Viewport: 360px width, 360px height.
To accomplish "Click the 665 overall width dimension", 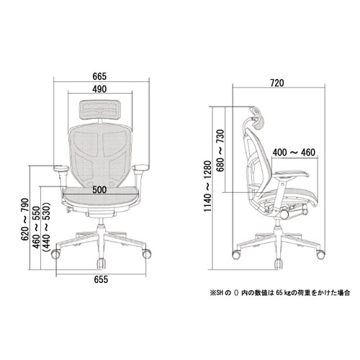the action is tap(99, 76).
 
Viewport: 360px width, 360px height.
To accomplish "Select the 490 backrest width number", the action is tap(99, 89).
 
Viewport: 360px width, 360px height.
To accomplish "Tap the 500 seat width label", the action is tap(99, 189).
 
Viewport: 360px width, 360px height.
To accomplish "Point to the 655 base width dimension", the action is tap(101, 279).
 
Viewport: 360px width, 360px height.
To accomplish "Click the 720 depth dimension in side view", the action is tap(277, 83).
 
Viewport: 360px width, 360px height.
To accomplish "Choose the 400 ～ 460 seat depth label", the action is tap(294, 153).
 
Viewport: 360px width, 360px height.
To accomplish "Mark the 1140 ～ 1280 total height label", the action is tap(208, 186).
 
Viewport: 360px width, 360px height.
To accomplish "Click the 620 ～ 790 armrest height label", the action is tap(25, 220).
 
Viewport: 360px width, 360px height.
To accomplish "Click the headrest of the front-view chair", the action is tap(100, 109).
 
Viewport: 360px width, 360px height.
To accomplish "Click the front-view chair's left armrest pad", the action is tap(61, 168).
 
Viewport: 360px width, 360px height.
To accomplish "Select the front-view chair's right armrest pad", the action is tap(140, 168).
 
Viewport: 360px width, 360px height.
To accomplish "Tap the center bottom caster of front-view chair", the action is tap(101, 264).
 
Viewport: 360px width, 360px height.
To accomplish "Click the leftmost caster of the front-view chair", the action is tap(55, 254).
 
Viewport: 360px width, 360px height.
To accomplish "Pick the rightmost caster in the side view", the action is tap(320, 254).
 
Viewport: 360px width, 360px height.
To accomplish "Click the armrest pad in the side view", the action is tap(291, 174).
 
